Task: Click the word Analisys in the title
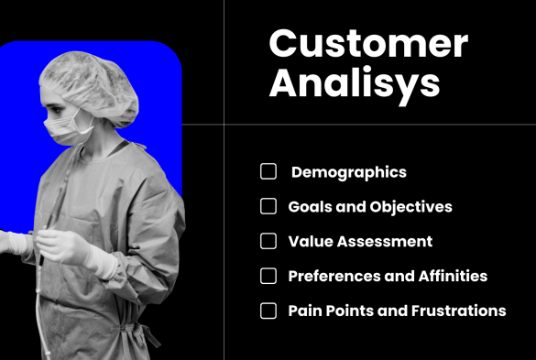tap(354, 84)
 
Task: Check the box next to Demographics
tap(268, 171)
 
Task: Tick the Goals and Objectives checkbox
tap(268, 206)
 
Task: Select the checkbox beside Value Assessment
tap(268, 241)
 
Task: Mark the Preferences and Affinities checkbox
tap(268, 276)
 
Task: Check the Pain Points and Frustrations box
tap(268, 311)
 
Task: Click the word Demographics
tap(348, 172)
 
